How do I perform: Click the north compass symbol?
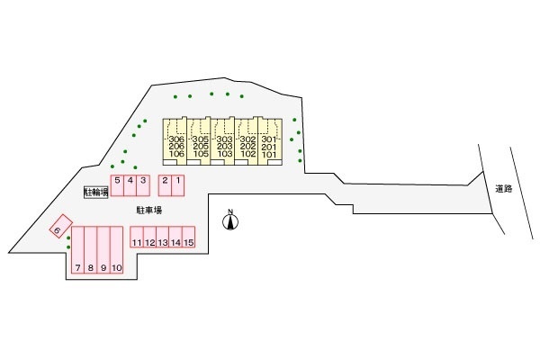[x=230, y=219]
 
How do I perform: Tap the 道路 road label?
[x=503, y=189]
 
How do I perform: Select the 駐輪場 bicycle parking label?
[x=94, y=192]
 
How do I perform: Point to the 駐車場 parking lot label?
[x=148, y=210]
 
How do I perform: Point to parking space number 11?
[x=137, y=243]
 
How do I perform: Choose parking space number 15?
[x=188, y=243]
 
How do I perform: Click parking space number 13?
[x=163, y=243]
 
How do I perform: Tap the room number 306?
[x=176, y=139]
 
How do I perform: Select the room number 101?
[x=270, y=155]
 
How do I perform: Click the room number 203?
[x=224, y=147]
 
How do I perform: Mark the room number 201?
[x=270, y=147]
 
